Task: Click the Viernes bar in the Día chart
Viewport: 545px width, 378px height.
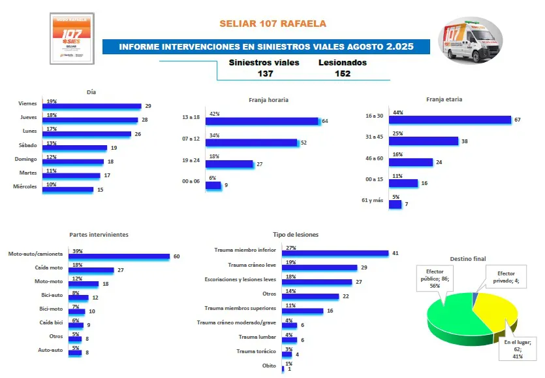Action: (91, 106)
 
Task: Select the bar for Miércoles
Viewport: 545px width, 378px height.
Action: (68, 190)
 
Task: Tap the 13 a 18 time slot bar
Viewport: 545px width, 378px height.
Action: (262, 121)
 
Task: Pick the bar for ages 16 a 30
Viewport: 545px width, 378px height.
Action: (450, 120)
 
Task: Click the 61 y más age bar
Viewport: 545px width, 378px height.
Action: (395, 204)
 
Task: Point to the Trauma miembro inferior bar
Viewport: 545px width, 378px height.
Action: (335, 253)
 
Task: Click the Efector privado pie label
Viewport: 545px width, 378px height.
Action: (506, 277)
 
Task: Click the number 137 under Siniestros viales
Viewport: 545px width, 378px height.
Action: (265, 74)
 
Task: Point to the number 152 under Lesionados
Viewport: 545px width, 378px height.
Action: (342, 74)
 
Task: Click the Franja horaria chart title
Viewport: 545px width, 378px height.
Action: (268, 100)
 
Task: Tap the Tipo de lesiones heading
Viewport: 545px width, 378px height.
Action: (296, 234)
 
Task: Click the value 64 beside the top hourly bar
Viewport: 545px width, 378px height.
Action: (324, 121)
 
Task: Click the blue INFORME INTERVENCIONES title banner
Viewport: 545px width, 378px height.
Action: (266, 47)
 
